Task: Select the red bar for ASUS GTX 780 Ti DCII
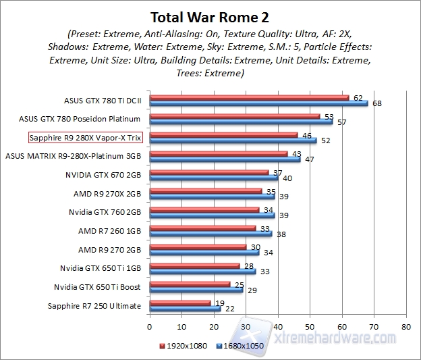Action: pyautogui.click(x=249, y=98)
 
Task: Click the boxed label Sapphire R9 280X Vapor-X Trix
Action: pyautogui.click(x=86, y=138)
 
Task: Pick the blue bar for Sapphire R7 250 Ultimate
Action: pyautogui.click(x=185, y=309)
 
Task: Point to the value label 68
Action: pyautogui.click(x=376, y=103)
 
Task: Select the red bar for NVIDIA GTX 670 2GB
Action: pyautogui.click(x=209, y=172)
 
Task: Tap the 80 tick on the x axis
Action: pyautogui.click(x=405, y=326)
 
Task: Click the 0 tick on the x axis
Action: pyautogui.click(x=150, y=326)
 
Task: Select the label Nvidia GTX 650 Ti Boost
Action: pyautogui.click(x=97, y=287)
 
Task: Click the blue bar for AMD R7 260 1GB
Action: pyautogui.click(x=210, y=234)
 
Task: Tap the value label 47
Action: pyautogui.click(x=309, y=159)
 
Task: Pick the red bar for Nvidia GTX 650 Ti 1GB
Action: pyautogui.click(x=194, y=265)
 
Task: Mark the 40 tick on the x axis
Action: pyautogui.click(x=277, y=326)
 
